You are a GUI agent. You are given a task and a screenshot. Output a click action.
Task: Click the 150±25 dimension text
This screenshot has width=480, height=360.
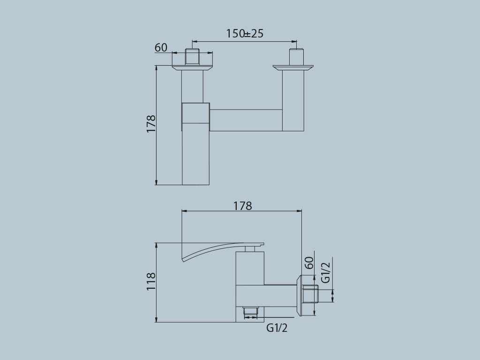click(245, 34)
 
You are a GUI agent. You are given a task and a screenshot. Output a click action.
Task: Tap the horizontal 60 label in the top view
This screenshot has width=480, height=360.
click(161, 47)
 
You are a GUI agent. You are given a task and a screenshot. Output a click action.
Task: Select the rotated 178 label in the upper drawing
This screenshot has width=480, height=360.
click(151, 124)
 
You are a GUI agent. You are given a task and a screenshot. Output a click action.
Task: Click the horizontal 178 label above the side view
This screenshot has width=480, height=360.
click(242, 206)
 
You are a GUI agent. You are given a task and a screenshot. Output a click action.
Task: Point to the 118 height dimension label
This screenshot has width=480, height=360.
click(151, 282)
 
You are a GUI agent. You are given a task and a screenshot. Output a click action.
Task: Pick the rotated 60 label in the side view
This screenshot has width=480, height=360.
click(309, 262)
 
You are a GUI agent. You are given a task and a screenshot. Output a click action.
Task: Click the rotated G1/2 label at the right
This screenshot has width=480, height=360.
click(325, 272)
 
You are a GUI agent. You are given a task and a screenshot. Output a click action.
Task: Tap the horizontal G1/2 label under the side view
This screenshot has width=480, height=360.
click(277, 328)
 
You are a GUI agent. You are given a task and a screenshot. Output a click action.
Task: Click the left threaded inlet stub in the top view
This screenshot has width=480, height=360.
click(192, 56)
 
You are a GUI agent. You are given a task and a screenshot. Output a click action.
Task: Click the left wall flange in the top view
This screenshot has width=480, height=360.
click(192, 68)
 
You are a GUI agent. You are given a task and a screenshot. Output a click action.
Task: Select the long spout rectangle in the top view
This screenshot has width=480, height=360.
click(195, 155)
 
